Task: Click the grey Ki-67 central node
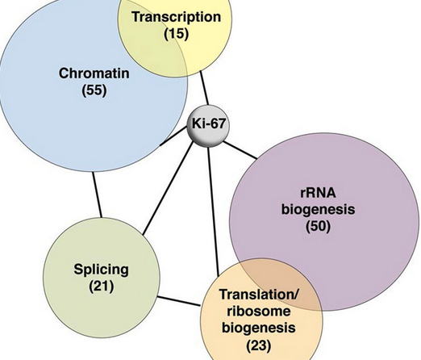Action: click(208, 126)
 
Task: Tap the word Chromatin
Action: click(94, 73)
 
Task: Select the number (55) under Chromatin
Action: click(94, 90)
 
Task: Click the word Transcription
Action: click(177, 17)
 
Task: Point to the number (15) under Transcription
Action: click(177, 34)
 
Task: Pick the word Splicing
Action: click(101, 270)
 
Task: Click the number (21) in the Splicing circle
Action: click(102, 287)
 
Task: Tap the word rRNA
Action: click(318, 193)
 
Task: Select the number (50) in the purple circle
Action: click(318, 226)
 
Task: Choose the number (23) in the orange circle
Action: click(259, 345)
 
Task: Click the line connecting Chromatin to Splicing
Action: click(97, 195)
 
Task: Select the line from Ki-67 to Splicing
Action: click(168, 188)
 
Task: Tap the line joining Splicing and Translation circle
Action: click(179, 301)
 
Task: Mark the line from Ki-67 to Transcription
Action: click(204, 88)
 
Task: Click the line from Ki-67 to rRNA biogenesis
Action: click(240, 149)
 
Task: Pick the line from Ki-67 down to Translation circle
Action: click(214, 211)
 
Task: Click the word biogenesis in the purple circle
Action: click(318, 210)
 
